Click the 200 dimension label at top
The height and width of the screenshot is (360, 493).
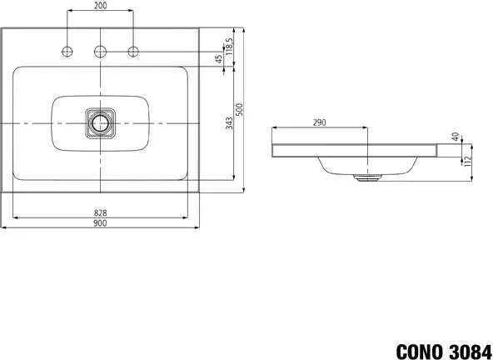point(100,5)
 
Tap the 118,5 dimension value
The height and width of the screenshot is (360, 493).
point(230,47)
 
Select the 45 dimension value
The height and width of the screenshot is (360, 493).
point(219,59)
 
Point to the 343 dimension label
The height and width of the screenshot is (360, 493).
point(230,123)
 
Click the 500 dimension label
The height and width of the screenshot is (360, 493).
point(240,109)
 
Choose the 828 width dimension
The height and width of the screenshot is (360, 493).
point(100,213)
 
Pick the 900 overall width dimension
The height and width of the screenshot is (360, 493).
point(100,223)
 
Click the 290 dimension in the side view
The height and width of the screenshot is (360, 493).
point(320,122)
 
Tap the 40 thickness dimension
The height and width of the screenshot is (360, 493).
point(456,137)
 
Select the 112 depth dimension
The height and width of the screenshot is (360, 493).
point(466,161)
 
